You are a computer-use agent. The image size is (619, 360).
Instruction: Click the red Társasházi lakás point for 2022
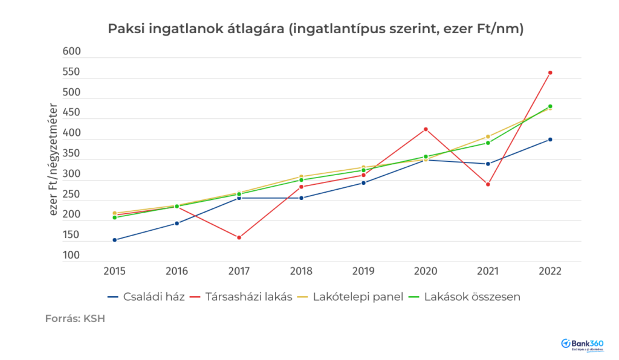[x=550, y=72]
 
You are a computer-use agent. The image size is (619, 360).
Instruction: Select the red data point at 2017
[x=239, y=237]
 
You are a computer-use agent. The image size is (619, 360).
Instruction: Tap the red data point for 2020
[x=426, y=129]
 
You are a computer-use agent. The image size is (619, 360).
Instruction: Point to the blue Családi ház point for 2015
[x=114, y=240]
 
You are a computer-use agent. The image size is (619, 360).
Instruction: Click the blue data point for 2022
[x=550, y=140]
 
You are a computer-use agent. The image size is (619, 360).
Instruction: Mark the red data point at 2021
[x=488, y=184]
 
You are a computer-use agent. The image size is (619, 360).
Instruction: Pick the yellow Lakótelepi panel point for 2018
[x=301, y=176]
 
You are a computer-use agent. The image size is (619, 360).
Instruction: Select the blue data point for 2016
[x=177, y=223]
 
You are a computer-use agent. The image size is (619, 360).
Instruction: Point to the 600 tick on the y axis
[x=71, y=53]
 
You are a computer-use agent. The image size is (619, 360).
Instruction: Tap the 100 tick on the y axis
[x=71, y=256]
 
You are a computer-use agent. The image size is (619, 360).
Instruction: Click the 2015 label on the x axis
[x=114, y=271]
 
